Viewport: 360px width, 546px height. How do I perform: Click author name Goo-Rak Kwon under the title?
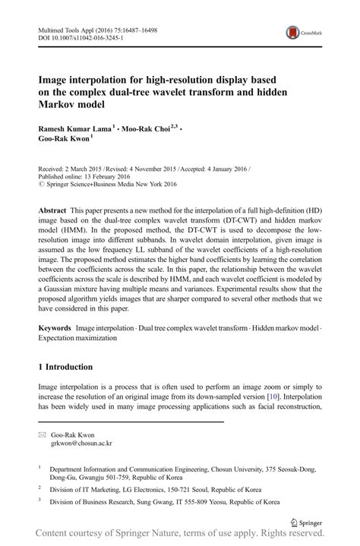point(63,140)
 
